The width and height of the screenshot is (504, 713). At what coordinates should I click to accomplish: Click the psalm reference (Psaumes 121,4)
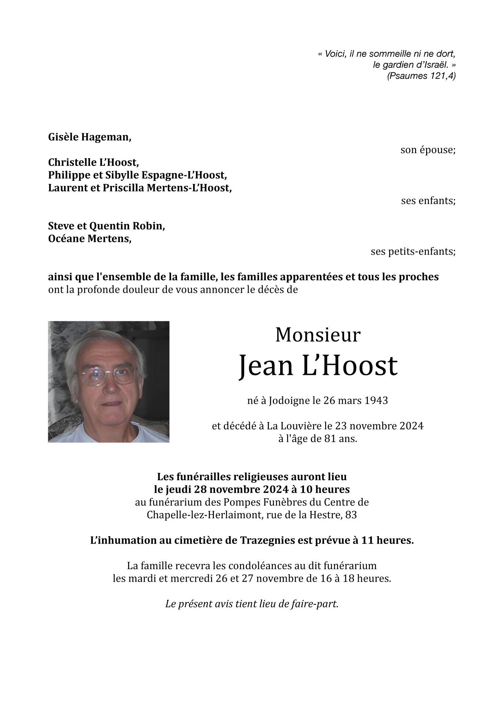click(x=421, y=76)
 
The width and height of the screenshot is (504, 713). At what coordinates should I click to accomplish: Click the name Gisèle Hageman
click(x=89, y=137)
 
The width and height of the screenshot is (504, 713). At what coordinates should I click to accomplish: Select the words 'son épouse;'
click(x=428, y=150)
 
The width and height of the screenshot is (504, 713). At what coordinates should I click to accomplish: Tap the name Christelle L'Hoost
click(x=93, y=163)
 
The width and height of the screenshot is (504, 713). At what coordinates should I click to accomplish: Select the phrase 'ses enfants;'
click(x=428, y=201)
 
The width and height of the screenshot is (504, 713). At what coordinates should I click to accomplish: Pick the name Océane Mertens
click(x=89, y=239)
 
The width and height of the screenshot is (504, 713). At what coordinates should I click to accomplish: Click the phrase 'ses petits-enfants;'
click(x=413, y=252)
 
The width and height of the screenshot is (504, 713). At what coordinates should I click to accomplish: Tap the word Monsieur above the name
click(x=317, y=335)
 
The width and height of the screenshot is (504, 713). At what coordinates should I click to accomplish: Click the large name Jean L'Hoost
click(x=317, y=366)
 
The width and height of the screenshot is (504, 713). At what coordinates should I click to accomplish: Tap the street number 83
click(x=351, y=515)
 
